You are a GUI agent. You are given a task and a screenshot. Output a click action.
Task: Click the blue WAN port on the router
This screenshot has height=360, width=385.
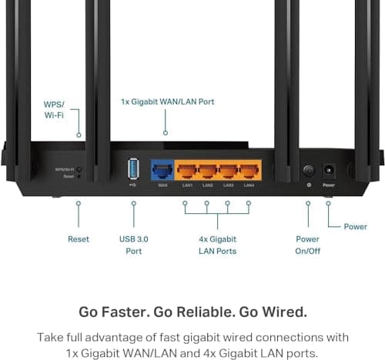click(162, 170)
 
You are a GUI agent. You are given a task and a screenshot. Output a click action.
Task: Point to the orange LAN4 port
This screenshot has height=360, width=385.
click(249, 170)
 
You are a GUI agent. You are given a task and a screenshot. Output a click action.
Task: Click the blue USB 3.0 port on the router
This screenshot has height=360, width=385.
click(133, 168)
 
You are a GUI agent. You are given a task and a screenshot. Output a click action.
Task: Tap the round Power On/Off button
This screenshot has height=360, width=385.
click(308, 169)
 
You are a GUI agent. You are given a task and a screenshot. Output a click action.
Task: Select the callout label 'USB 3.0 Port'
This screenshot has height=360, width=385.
click(134, 245)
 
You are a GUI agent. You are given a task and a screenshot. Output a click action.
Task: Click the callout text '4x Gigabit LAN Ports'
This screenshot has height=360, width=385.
click(216, 245)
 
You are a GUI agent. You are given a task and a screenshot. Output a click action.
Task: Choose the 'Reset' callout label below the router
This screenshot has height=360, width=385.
click(79, 239)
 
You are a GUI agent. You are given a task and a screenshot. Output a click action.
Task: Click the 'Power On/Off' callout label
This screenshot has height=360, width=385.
click(308, 245)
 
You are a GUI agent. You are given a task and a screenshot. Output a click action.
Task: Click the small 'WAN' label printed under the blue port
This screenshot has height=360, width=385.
click(162, 185)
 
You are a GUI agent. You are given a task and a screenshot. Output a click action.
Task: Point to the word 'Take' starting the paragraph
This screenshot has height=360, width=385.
click(52, 337)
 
